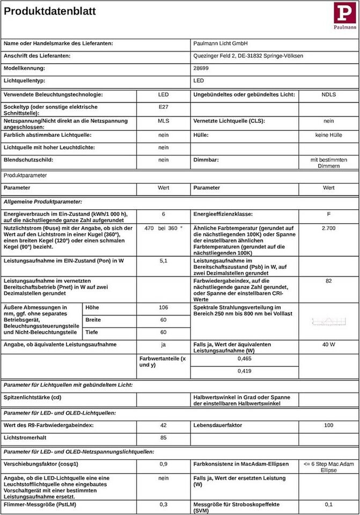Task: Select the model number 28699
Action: [x=201, y=69]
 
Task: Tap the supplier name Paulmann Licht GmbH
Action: [x=220, y=43]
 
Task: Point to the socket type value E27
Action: [x=163, y=107]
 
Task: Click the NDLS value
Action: [x=328, y=95]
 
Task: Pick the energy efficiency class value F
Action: [x=328, y=214]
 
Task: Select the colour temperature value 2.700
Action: [x=328, y=229]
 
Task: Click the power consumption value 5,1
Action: [x=163, y=261]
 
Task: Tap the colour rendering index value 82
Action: [x=328, y=281]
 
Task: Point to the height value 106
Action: [x=163, y=307]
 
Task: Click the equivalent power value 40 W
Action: [x=328, y=344]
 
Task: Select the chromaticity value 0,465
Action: [x=244, y=358]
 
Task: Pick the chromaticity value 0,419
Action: [x=244, y=371]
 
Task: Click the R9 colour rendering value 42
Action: [x=163, y=425]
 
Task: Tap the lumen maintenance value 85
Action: [x=163, y=438]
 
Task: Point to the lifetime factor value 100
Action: [x=328, y=425]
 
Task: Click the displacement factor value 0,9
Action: [x=163, y=464]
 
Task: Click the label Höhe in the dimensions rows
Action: [x=92, y=307]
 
